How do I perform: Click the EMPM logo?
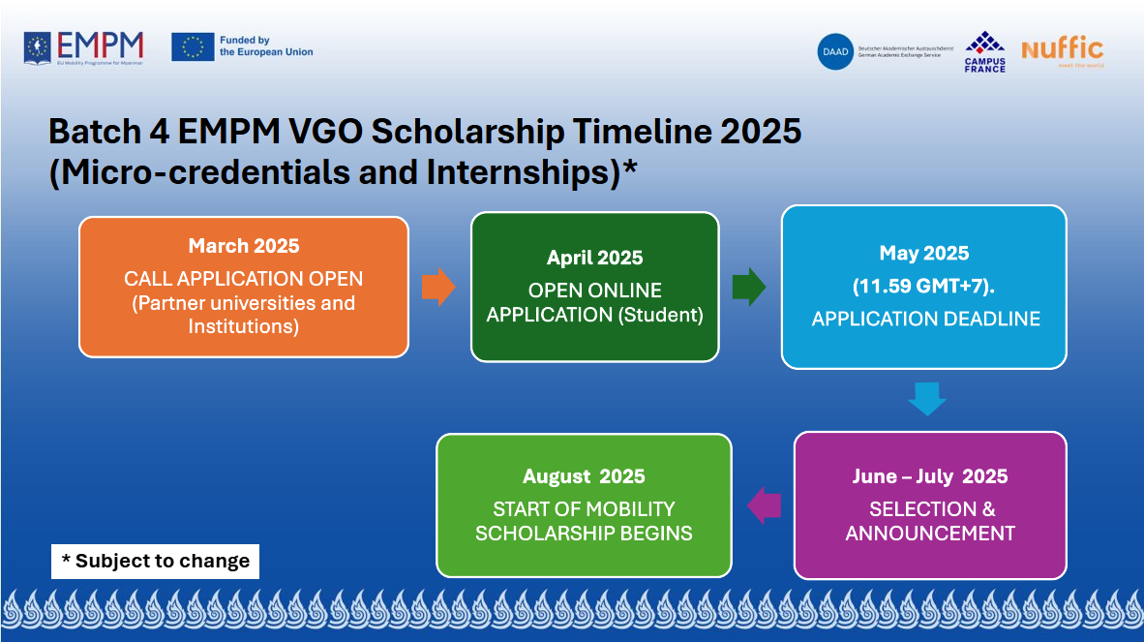[x=84, y=47]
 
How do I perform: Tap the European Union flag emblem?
[x=193, y=46]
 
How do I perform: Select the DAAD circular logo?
[x=835, y=51]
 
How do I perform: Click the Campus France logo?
[x=984, y=51]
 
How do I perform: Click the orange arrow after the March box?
[x=438, y=287]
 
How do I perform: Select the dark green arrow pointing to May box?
[x=749, y=287]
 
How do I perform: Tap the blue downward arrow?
[x=926, y=399]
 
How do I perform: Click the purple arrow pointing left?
[x=765, y=504]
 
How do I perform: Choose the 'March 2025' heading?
[x=244, y=246]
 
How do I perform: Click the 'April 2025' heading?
[x=594, y=258]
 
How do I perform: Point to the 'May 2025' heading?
[x=924, y=254]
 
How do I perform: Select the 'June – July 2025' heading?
[x=929, y=476]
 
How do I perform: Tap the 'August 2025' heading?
[x=584, y=476]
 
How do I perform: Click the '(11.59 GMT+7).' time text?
[x=924, y=287]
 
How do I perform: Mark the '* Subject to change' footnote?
[x=155, y=561]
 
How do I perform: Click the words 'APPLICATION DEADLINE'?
[x=925, y=320]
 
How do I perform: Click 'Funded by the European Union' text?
[x=266, y=46]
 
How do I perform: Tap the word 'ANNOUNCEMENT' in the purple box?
[x=929, y=534]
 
